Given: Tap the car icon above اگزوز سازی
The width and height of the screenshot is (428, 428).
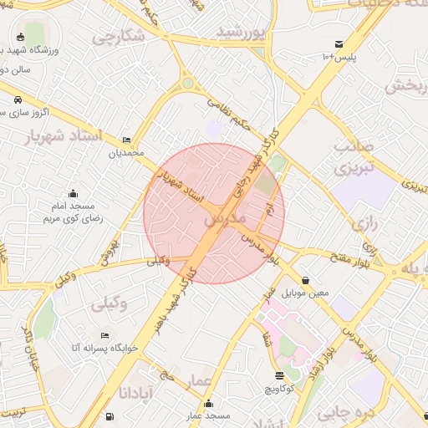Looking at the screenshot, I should pyautogui.click(x=18, y=99).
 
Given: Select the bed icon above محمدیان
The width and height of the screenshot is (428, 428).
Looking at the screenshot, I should pyautogui.click(x=126, y=140).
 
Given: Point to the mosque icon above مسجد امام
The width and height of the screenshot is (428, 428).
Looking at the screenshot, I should pyautogui.click(x=73, y=193).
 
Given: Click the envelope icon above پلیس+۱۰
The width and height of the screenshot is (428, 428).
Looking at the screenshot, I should pyautogui.click(x=339, y=43).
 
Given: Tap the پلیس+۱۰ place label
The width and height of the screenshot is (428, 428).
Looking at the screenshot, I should pyautogui.click(x=338, y=56).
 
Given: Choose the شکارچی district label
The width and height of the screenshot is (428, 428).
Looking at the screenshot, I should pyautogui.click(x=118, y=37).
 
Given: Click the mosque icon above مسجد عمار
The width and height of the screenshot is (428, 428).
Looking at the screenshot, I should pyautogui.click(x=207, y=404).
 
